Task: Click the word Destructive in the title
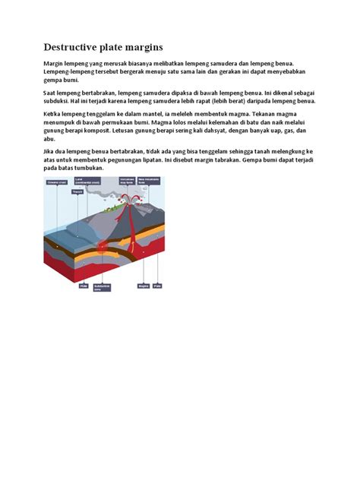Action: pos(74,47)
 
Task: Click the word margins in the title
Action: pos(141,47)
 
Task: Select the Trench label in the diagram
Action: pos(77,192)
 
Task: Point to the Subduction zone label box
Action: pos(102,287)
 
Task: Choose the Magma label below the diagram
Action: pos(143,286)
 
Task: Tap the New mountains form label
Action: pos(147,182)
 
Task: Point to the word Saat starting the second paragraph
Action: pos(50,92)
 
